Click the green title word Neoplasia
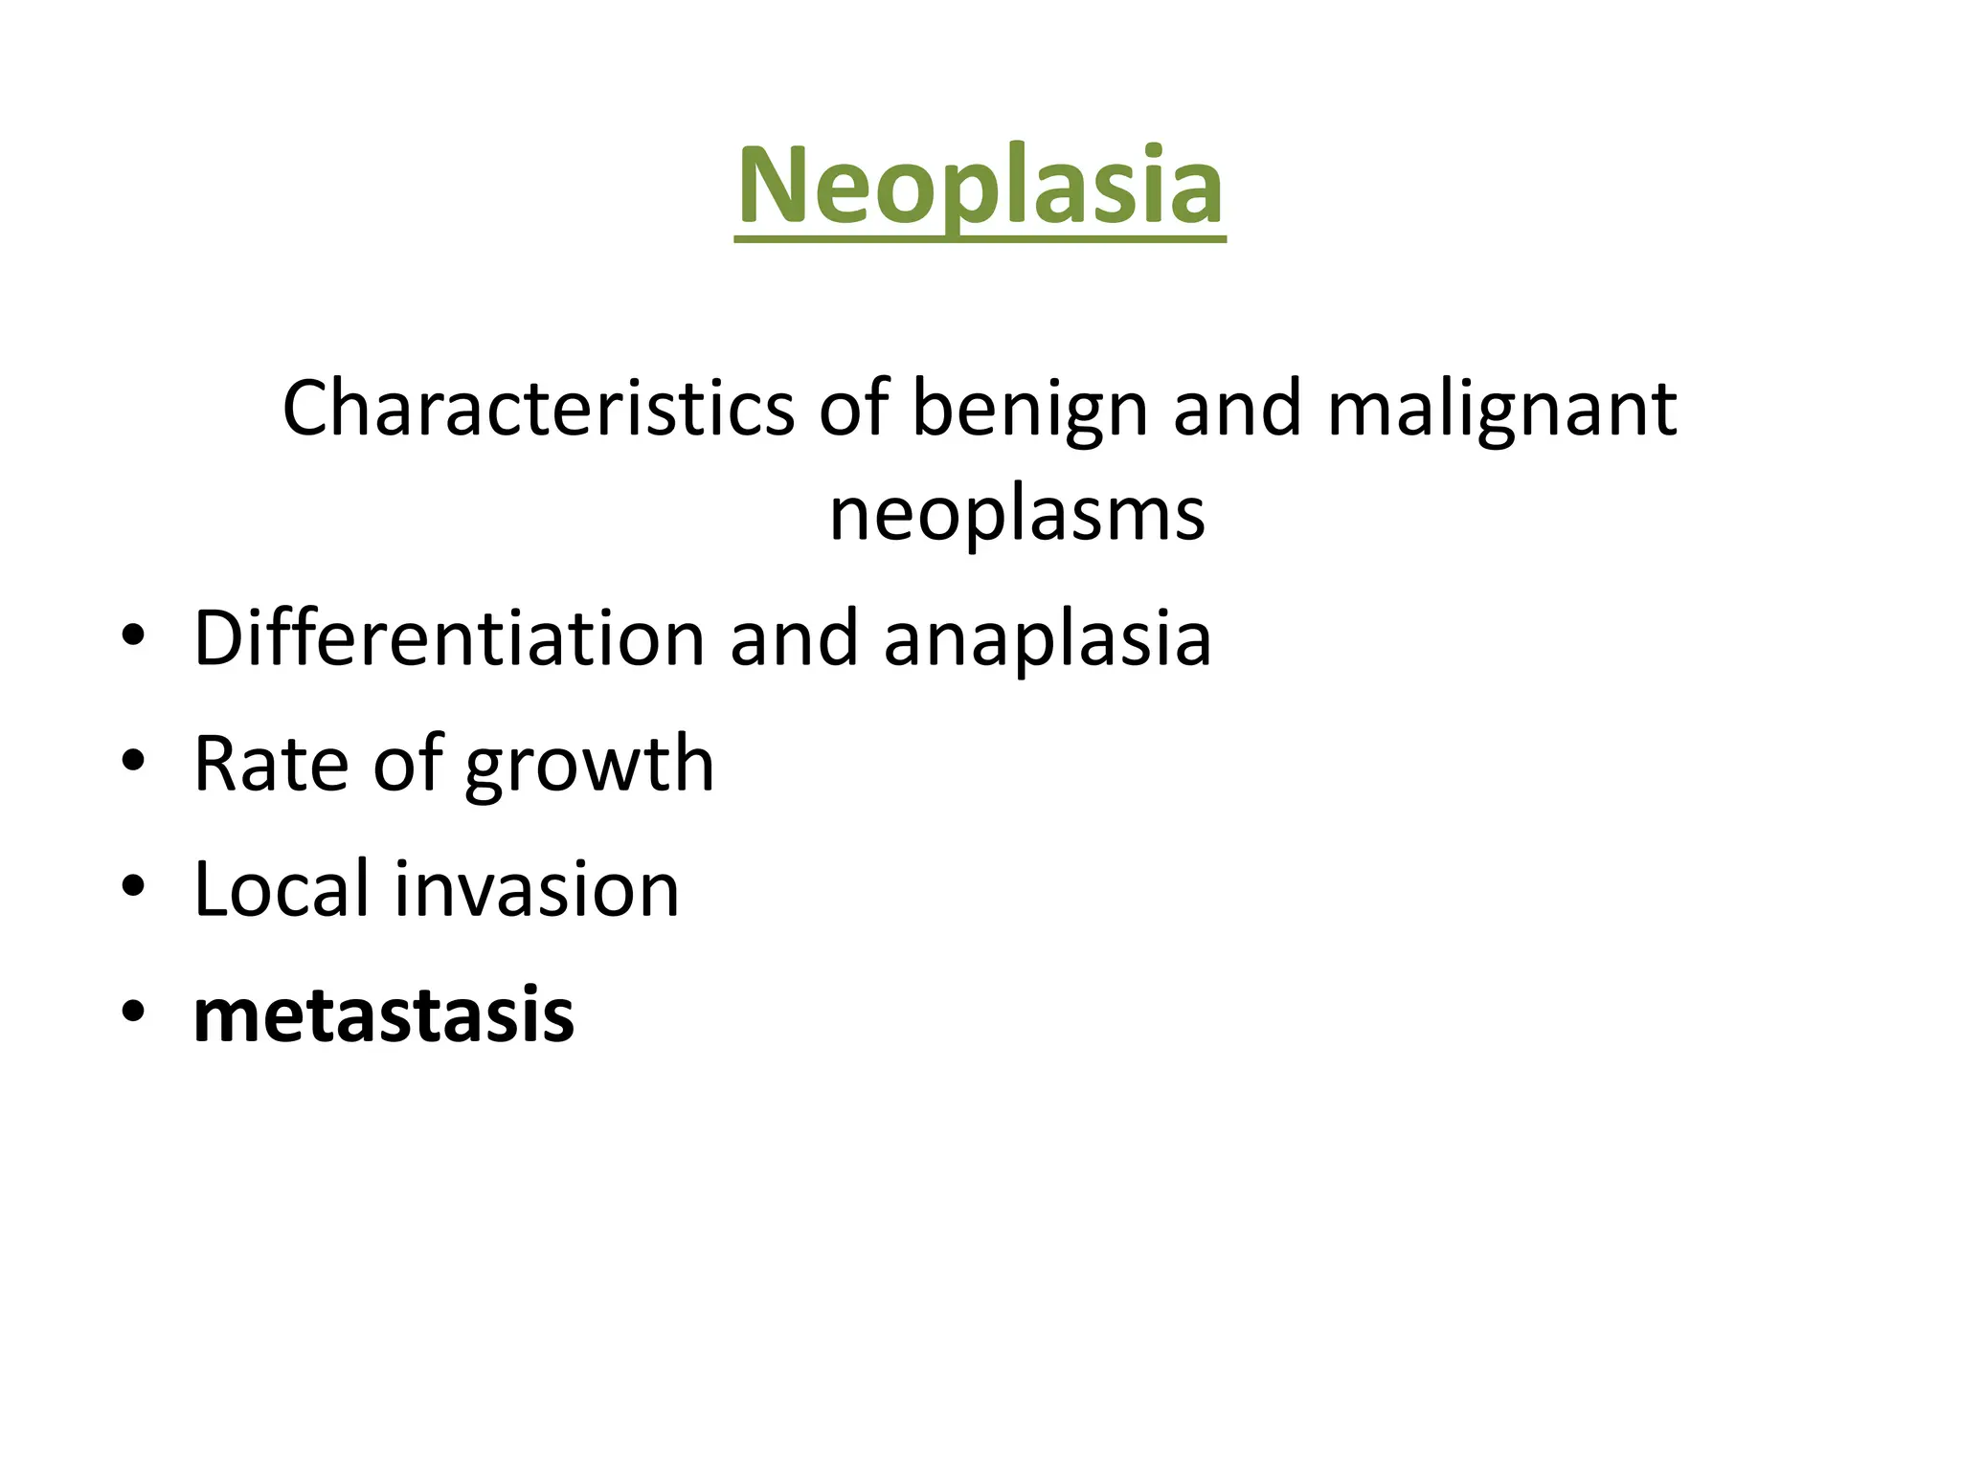[980, 186]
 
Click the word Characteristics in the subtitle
[538, 409]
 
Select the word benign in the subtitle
[1029, 409]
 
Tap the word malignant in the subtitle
[1501, 409]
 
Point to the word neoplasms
[1017, 514]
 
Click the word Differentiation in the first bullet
[449, 638]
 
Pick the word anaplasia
[1048, 638]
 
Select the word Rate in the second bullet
[271, 763]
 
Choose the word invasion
[537, 888]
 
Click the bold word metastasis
[384, 1014]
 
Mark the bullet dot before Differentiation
[133, 635]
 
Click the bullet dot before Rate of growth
[133, 761]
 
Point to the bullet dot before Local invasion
[133, 886]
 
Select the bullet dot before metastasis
[133, 1012]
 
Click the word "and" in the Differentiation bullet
[794, 638]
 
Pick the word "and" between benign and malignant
[1237, 409]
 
